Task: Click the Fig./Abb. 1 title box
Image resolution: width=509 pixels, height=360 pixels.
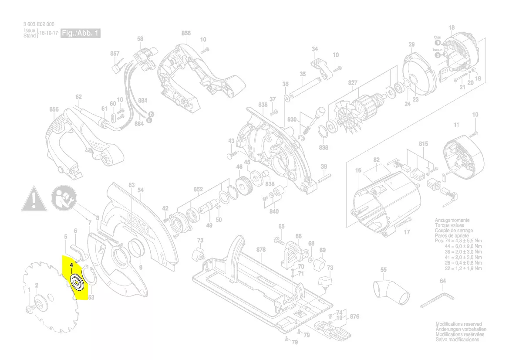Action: tap(80, 34)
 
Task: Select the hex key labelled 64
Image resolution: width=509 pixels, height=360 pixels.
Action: tap(438, 300)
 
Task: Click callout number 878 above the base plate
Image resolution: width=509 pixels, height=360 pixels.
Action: tap(261, 250)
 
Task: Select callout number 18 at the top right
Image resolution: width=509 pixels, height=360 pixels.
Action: tap(452, 28)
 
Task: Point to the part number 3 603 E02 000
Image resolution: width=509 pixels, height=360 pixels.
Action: tap(39, 24)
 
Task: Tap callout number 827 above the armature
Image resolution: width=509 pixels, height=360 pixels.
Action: tap(353, 82)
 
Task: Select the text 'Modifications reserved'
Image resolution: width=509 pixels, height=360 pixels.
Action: tap(458, 324)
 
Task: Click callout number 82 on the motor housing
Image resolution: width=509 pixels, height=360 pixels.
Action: tap(377, 160)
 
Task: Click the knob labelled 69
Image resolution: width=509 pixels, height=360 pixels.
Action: tap(320, 263)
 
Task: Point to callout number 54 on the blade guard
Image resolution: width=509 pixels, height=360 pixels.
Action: tap(140, 190)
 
